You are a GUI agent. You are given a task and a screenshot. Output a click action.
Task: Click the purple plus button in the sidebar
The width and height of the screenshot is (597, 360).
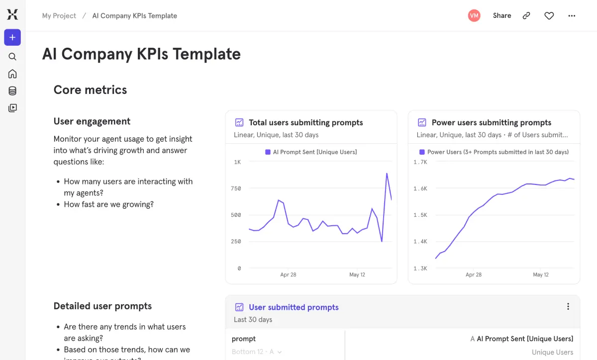[12, 37]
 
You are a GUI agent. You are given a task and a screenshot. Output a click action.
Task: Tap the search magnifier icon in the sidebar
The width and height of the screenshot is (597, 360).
[12, 57]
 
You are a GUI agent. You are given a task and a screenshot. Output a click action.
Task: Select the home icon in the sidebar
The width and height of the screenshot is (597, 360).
[12, 74]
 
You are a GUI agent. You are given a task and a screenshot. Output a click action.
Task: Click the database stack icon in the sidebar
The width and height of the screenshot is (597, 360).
[12, 91]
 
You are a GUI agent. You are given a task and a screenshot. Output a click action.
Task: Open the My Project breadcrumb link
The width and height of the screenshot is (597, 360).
[59, 16]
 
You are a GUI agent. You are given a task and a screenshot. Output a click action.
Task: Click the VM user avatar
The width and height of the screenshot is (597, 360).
[474, 16]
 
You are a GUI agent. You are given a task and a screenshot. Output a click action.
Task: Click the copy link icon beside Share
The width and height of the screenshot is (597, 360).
[526, 16]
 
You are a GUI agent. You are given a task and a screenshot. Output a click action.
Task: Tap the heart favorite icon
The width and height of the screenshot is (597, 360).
[549, 16]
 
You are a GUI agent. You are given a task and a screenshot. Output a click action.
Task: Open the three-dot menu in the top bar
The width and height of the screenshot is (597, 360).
[572, 16]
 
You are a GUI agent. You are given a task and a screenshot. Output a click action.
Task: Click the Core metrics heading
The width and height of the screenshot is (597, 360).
[90, 90]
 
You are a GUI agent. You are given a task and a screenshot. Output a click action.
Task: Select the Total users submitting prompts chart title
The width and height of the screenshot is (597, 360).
[305, 122]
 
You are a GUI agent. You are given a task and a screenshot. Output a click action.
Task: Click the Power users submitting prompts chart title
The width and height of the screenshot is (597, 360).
[491, 122]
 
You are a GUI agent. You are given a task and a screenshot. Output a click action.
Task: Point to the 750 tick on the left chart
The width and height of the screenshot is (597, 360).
[236, 188]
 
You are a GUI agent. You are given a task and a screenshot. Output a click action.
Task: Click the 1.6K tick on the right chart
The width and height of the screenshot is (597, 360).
[420, 188]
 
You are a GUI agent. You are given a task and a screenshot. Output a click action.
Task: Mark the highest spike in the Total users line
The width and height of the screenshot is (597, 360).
[387, 174]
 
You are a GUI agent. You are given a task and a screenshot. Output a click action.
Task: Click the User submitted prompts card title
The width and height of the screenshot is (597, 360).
[294, 307]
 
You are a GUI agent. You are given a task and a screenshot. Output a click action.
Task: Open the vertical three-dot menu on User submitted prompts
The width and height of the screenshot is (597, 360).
[568, 307]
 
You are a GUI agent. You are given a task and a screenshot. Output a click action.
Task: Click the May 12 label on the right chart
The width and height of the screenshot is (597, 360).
[541, 274]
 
